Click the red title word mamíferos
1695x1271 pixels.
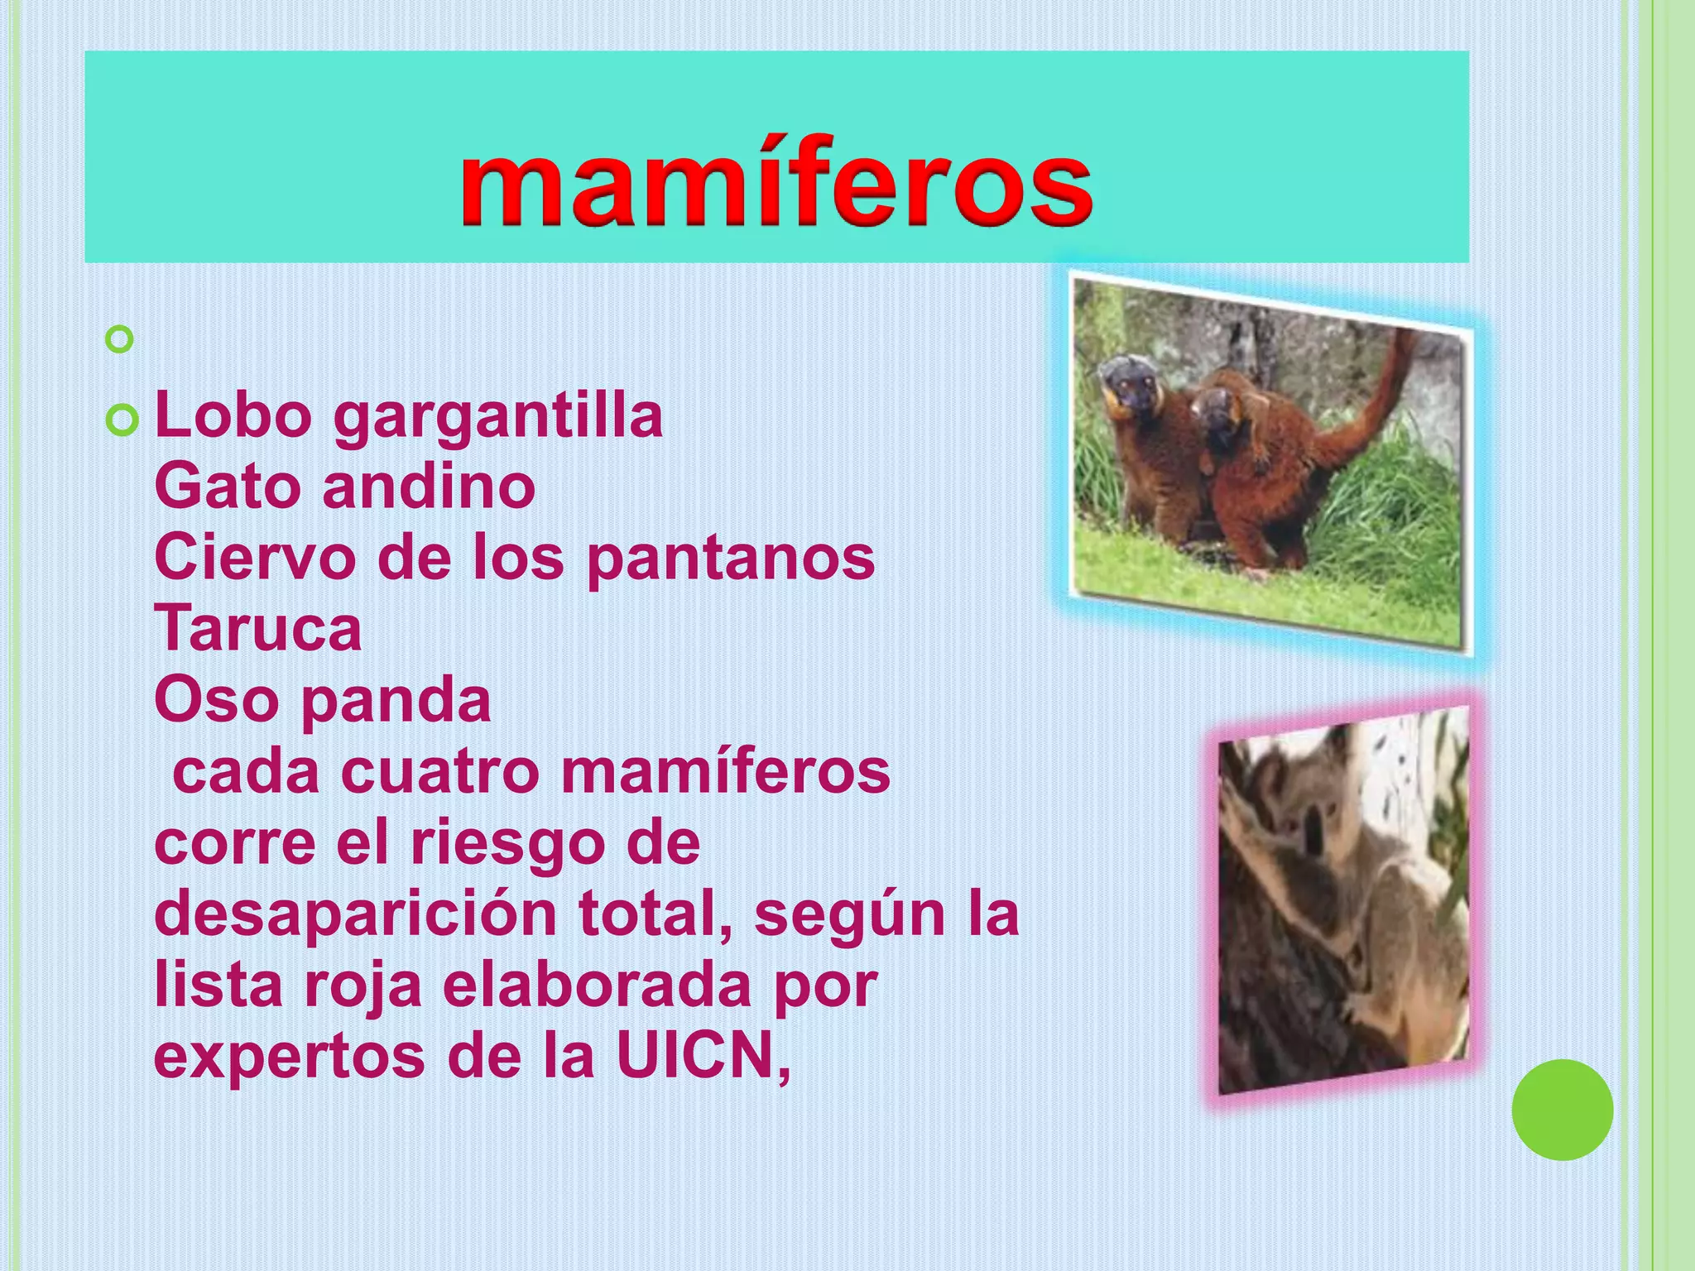point(776,183)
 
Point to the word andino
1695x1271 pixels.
point(429,487)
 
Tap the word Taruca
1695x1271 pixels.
point(258,629)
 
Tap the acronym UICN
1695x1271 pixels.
point(694,1057)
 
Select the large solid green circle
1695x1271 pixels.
point(1562,1110)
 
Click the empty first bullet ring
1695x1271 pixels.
point(120,339)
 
